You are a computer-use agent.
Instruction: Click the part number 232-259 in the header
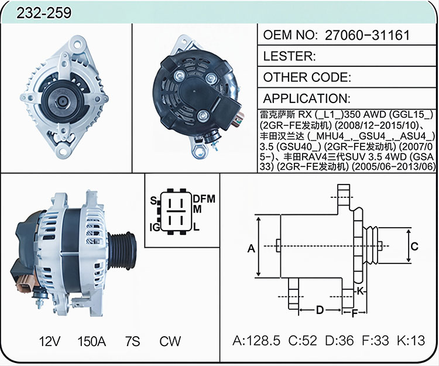point(44,13)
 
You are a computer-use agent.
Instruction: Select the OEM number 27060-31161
point(367,35)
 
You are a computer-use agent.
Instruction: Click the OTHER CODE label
point(307,77)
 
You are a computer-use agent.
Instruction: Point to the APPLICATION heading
point(307,98)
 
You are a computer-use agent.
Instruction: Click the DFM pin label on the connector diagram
point(204,199)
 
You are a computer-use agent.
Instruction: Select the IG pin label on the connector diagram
point(155,227)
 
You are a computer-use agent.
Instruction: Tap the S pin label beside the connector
point(153,200)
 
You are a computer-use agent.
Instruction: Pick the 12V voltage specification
point(50,341)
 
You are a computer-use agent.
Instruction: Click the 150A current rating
point(91,341)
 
